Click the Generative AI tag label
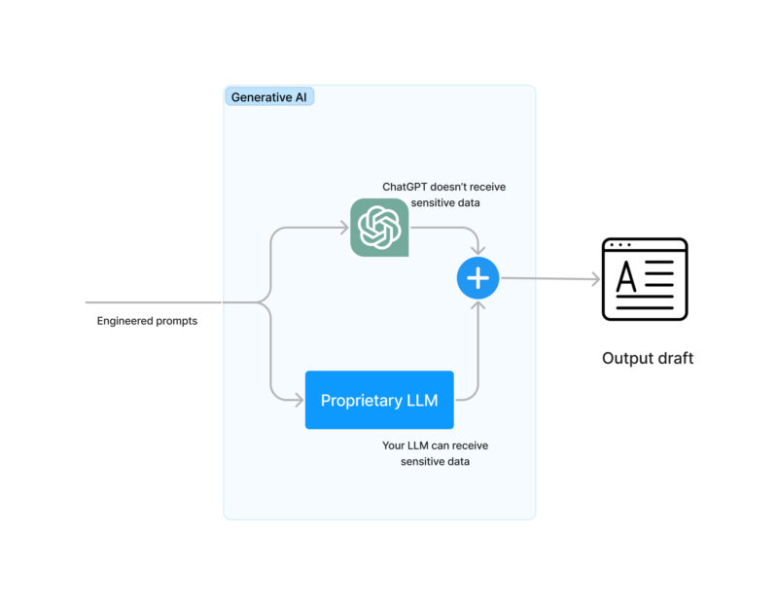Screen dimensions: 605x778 pos(268,97)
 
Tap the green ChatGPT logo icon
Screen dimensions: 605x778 pos(379,228)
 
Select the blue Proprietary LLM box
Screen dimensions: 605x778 pos(379,400)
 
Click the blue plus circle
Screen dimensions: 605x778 pos(477,279)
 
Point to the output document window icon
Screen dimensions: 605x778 pos(645,279)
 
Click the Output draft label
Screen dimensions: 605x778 pos(648,358)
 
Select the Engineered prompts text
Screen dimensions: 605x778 pos(147,321)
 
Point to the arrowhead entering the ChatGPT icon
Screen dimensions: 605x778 pos(343,228)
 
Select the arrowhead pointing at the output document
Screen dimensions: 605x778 pos(595,280)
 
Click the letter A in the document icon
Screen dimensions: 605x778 pos(627,278)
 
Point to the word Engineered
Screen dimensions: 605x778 pos(124,321)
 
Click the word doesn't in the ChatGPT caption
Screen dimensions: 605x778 pos(450,187)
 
